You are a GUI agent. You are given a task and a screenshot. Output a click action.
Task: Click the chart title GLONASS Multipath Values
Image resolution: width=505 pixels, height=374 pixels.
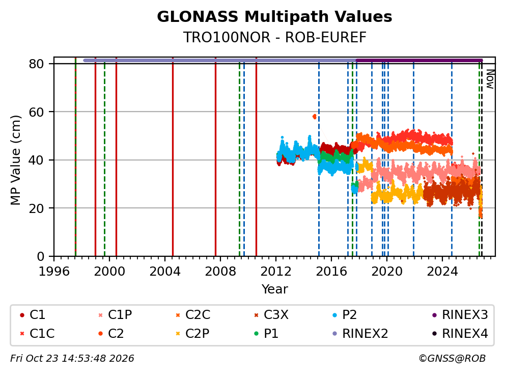pyautogui.click(x=274, y=17)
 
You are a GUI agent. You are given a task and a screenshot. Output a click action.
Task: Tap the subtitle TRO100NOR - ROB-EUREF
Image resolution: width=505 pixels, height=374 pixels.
pyautogui.click(x=274, y=37)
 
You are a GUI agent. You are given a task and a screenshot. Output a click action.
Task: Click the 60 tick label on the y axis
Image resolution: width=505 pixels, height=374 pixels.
pyautogui.click(x=36, y=112)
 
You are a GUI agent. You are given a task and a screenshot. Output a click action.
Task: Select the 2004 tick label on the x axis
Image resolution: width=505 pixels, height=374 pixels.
pyautogui.click(x=164, y=272)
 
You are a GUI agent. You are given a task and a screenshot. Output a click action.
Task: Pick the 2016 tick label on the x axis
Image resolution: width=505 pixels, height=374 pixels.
pyautogui.click(x=331, y=272)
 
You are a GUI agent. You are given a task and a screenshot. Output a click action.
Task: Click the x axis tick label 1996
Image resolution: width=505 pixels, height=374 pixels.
pyautogui.click(x=54, y=272)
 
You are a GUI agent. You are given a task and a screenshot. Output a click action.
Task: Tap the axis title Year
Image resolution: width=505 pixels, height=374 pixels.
pyautogui.click(x=274, y=289)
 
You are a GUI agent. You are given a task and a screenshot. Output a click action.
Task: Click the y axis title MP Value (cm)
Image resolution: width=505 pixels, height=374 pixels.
pyautogui.click(x=15, y=160)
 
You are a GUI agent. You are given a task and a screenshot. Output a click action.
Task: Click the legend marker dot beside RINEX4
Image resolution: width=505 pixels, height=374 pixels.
pyautogui.click(x=434, y=333)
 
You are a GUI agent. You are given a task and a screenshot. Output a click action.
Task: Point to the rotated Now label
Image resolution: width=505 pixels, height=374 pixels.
pyautogui.click(x=490, y=79)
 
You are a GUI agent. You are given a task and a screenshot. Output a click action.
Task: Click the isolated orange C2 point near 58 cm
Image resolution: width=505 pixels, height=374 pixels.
pyautogui.click(x=315, y=116)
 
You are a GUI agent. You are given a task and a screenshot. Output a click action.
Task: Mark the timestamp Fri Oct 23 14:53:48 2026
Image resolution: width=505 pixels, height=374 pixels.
pyautogui.click(x=72, y=358)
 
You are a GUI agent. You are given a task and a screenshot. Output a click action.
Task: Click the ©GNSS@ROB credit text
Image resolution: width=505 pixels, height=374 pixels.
pyautogui.click(x=452, y=358)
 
